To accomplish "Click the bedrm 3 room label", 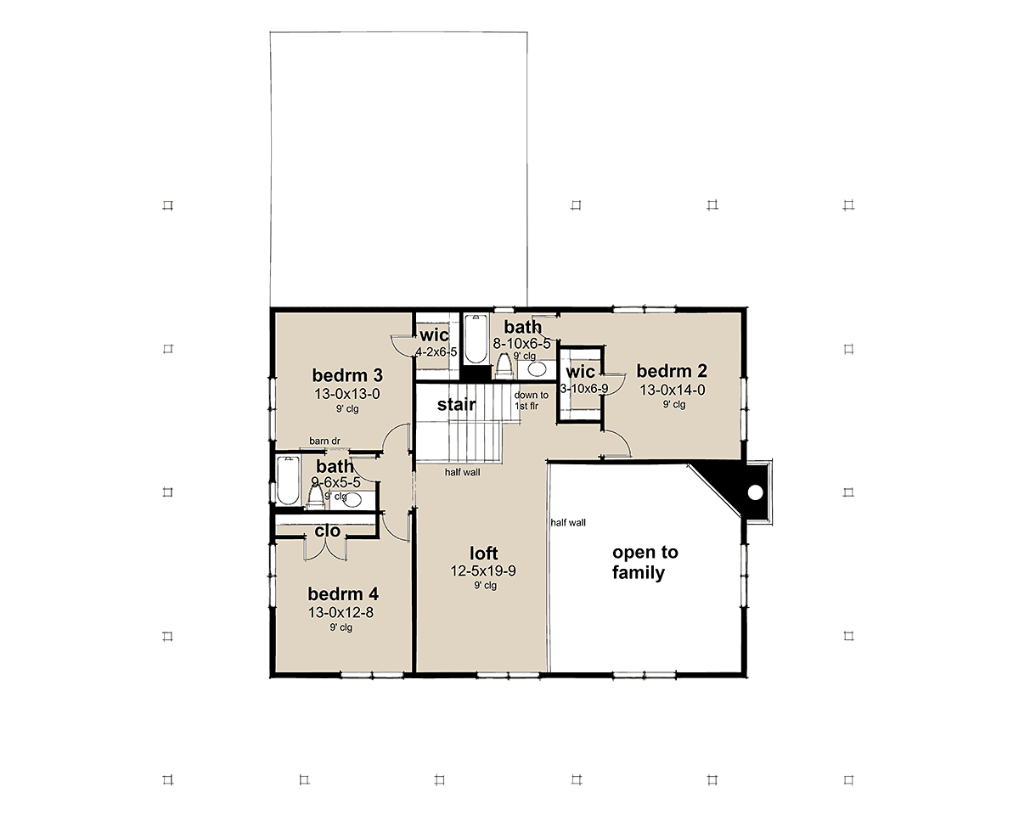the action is pos(347,375).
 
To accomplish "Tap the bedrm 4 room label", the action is pos(343,594).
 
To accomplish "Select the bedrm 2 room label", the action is pos(672,371).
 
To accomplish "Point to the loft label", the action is pos(483,553).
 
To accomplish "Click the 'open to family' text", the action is pos(645,562).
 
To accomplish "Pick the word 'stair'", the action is pos(457,404).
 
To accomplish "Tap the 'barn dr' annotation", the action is pos(325,441).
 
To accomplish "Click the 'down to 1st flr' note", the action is pos(532,401).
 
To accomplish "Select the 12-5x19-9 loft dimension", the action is pos(483,571).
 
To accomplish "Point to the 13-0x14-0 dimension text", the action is pos(673,390).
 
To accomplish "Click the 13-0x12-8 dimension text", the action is pos(341,613).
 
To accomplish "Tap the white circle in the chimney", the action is pos(755,493).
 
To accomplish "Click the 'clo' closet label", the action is pos(327,531).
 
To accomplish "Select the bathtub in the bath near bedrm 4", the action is pos(287,481).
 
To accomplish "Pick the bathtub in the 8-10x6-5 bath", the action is pos(475,340).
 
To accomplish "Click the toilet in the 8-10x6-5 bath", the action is pos(504,367).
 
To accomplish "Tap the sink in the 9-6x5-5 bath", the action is pos(352,500).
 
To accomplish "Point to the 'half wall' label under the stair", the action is pos(462,472).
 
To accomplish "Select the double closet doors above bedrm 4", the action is pos(325,550).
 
